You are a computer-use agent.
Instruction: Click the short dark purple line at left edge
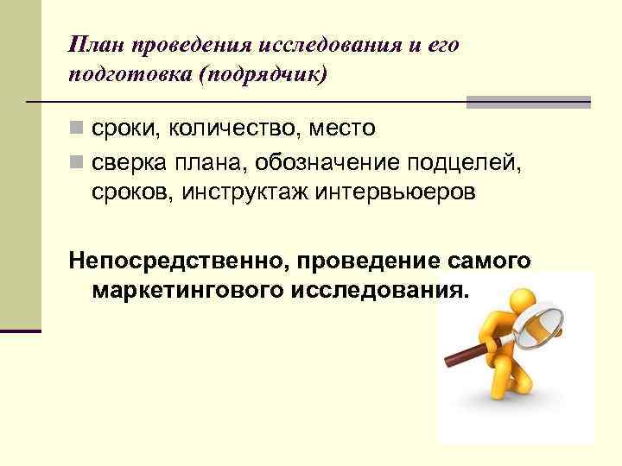(21, 331)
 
